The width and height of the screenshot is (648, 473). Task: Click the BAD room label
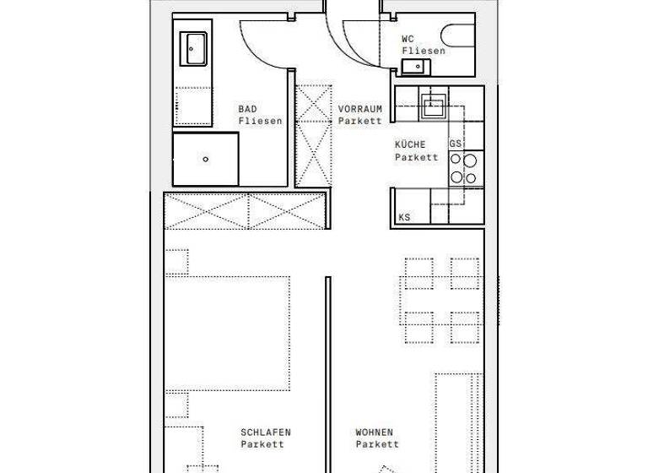(247, 109)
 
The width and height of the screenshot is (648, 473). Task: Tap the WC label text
(408, 38)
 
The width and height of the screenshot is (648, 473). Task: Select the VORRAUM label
(360, 109)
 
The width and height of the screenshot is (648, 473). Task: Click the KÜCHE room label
(410, 144)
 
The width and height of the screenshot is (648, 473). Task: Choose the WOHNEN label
(374, 432)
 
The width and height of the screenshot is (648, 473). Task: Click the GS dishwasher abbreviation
(456, 144)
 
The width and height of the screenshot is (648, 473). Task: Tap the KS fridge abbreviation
(405, 218)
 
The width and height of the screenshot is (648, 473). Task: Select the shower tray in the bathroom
(204, 158)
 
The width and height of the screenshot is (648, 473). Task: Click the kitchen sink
(435, 106)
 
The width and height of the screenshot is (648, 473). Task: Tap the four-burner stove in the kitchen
(463, 168)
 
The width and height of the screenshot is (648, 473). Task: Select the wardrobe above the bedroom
(245, 211)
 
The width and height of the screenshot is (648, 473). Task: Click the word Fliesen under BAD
(259, 121)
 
